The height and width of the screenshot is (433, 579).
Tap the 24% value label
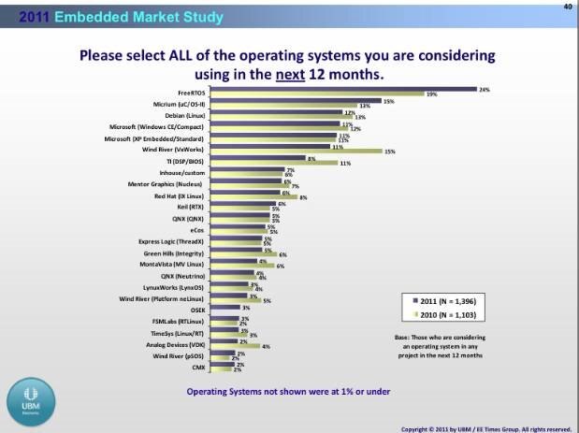[x=484, y=89]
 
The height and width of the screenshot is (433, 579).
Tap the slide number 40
[x=567, y=6]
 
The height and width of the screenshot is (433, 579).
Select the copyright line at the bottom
[x=485, y=427]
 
